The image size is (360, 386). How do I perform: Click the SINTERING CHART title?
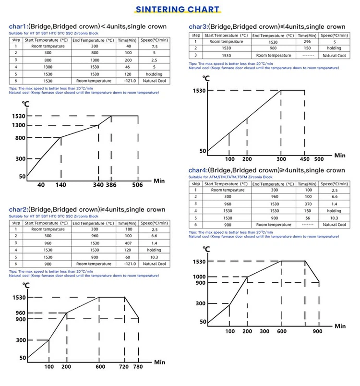click(x=178, y=9)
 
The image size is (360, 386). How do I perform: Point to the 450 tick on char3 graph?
click(x=304, y=159)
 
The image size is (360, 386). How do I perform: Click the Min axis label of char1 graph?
click(x=159, y=181)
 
